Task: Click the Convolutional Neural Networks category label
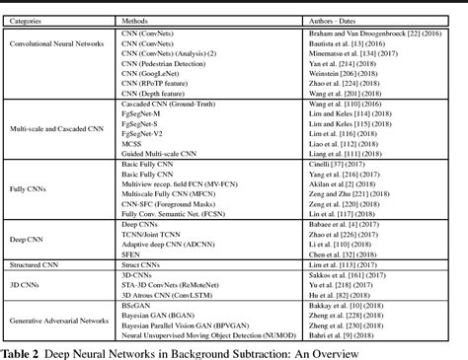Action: pyautogui.click(x=59, y=72)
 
